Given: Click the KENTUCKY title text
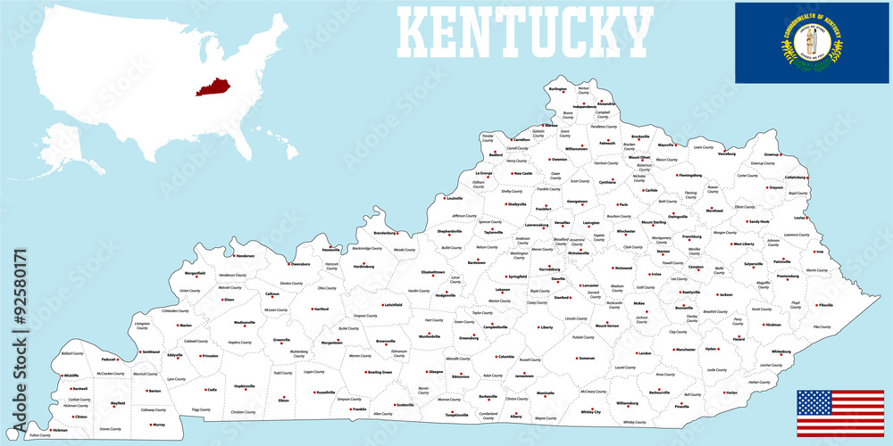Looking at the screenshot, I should [524, 31].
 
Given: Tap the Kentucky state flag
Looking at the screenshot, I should [813, 42].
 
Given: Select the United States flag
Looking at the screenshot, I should [839, 413].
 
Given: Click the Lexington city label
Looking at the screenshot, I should [591, 223].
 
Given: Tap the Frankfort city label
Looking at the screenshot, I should [543, 209].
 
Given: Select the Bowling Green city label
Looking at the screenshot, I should [380, 371].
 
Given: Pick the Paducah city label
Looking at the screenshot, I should [110, 359].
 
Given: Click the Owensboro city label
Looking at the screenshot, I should [301, 264].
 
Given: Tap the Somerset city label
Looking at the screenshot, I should [586, 358].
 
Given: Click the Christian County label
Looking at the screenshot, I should [242, 412].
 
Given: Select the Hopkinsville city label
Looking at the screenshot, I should [244, 385].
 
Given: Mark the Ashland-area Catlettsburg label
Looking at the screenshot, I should [797, 178].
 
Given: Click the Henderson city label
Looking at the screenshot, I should [245, 256].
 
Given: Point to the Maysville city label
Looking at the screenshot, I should [666, 145].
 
